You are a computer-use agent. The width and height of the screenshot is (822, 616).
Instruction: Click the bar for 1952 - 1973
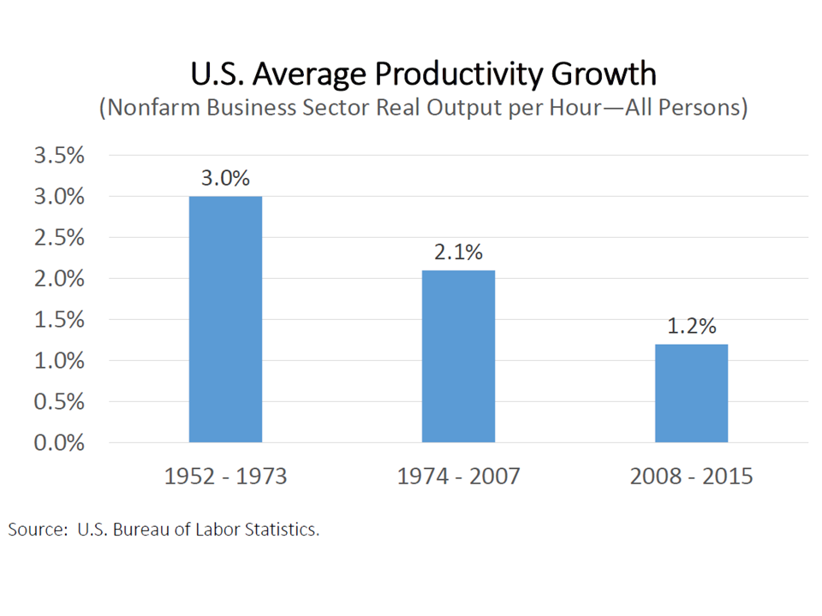(226, 319)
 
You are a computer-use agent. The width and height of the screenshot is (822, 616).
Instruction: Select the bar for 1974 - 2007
(458, 356)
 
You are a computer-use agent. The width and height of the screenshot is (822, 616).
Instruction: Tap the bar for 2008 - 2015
(691, 393)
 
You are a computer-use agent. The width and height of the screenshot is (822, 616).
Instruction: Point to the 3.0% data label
(226, 179)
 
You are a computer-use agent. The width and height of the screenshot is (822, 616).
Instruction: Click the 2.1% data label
(459, 252)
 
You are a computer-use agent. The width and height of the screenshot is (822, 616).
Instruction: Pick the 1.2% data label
(692, 327)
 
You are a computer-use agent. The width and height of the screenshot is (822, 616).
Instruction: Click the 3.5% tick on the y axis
(58, 156)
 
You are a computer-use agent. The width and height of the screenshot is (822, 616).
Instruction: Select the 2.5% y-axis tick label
(58, 238)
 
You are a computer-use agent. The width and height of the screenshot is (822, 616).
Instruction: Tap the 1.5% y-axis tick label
(58, 320)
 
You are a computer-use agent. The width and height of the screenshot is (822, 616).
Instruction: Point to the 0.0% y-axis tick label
(58, 443)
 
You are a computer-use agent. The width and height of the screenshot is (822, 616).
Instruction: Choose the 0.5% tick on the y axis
(58, 402)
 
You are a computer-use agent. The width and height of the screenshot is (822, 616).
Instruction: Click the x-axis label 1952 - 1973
(226, 477)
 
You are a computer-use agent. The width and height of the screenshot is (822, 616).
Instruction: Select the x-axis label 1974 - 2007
(459, 477)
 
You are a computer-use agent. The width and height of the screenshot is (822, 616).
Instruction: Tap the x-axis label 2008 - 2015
(692, 477)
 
